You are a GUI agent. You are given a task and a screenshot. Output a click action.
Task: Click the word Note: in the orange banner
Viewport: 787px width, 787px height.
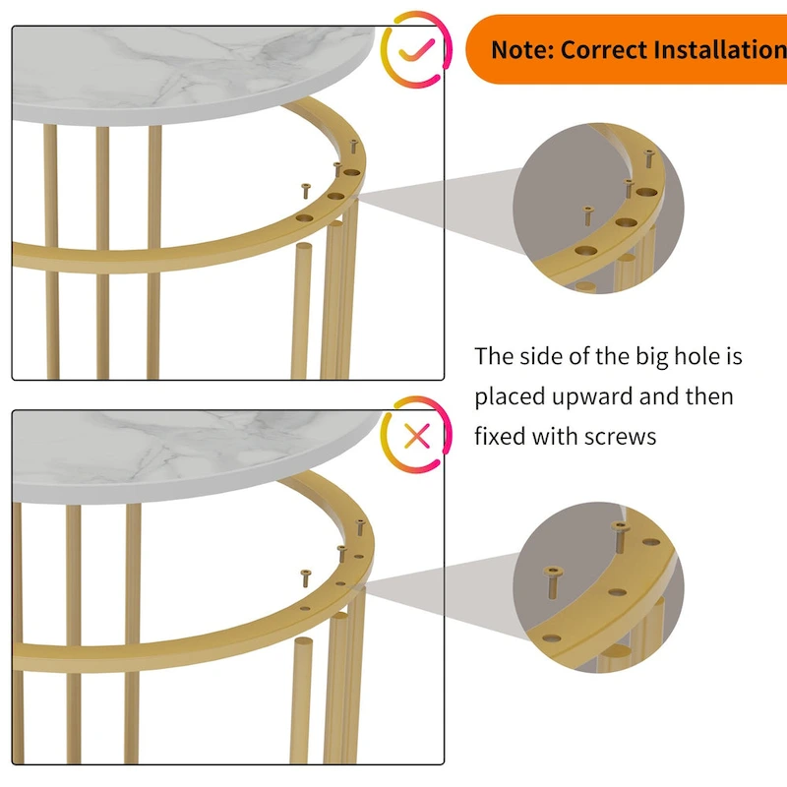[x=522, y=49]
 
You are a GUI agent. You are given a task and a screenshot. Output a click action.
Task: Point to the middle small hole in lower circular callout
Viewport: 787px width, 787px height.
[x=616, y=593]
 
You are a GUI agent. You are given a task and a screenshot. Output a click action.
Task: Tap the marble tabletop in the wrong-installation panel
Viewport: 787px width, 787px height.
[x=197, y=443]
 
